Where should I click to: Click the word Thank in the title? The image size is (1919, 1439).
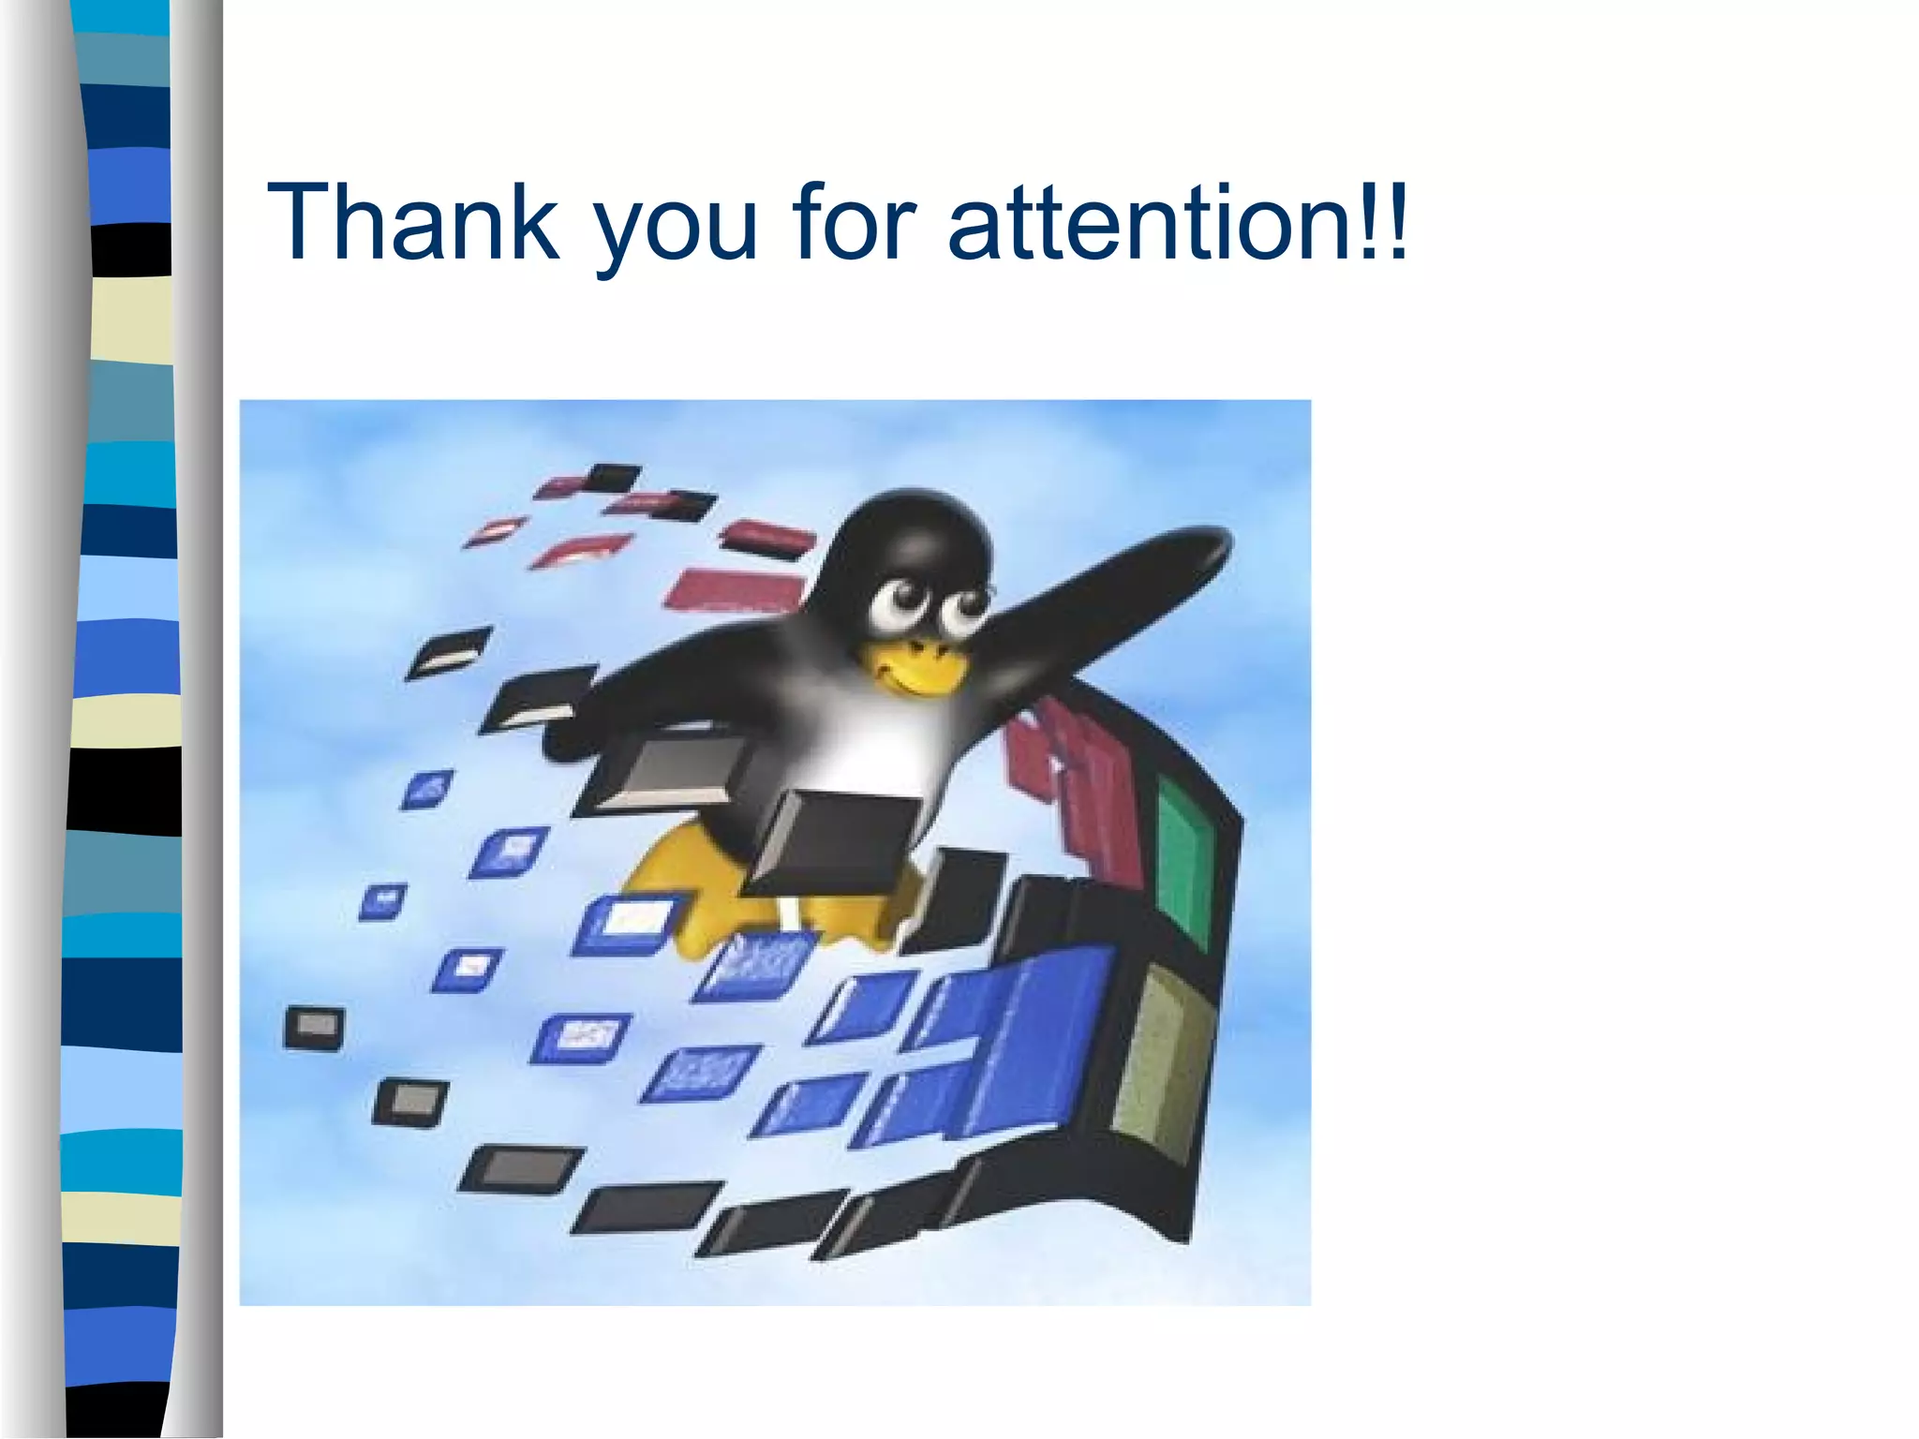(413, 222)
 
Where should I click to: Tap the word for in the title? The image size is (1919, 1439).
(854, 222)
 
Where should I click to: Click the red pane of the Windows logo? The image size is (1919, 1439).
(1078, 796)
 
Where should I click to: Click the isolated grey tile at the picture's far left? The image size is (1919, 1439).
(314, 1028)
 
